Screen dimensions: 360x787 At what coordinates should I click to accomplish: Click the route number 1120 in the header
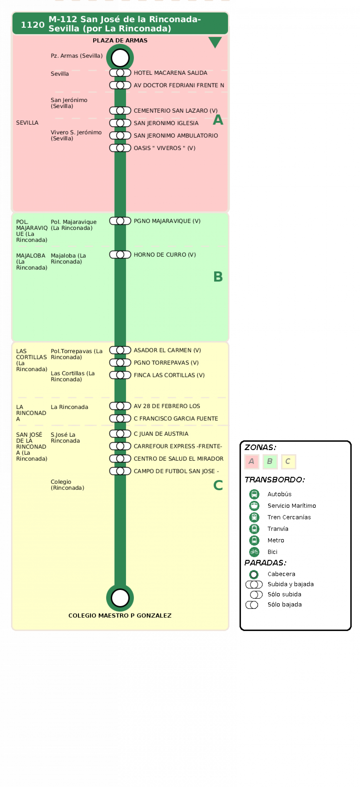coord(32,25)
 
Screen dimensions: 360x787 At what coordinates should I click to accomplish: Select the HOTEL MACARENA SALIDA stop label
coord(170,73)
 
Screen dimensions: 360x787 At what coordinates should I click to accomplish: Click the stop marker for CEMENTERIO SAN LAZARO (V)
coord(120,110)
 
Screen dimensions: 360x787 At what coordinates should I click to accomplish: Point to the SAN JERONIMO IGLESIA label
coord(166,123)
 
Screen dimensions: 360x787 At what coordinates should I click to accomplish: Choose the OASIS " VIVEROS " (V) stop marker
coord(120,148)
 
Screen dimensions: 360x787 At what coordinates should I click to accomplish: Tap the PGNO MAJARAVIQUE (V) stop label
coord(167,221)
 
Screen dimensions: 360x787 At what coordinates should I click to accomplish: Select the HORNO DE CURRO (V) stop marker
coord(120,255)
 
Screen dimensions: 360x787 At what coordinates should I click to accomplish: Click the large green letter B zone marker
coord(218,276)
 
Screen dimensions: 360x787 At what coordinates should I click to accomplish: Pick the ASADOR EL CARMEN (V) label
coord(167,350)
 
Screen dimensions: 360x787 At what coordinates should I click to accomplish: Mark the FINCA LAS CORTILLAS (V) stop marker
coord(120,375)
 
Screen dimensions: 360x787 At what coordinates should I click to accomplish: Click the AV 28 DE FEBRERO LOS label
coord(166,406)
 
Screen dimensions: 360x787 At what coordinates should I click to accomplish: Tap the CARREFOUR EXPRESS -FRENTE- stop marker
coord(120,446)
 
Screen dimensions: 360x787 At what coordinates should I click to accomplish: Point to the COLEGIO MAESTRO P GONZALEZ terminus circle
coord(120,598)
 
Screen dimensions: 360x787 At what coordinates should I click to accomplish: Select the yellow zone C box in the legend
coord(288,461)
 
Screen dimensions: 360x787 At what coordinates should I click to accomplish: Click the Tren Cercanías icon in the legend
coord(254,517)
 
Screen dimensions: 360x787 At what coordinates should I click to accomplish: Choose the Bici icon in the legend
coord(254,551)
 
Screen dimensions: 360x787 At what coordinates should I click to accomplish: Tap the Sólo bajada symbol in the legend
coord(252,605)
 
